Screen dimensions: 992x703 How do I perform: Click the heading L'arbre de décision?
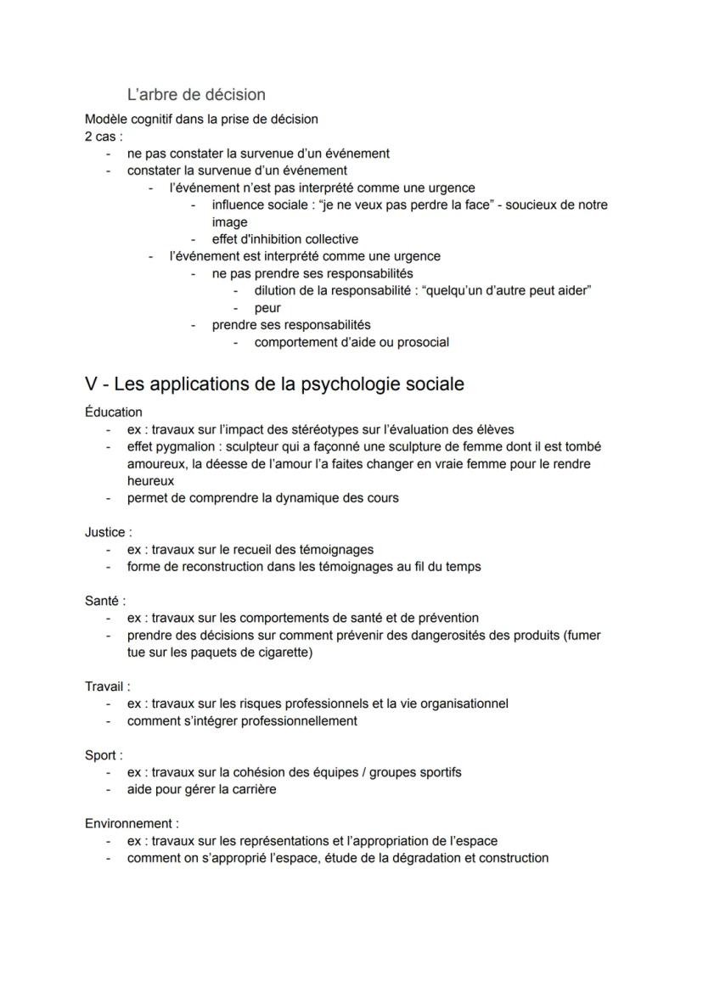point(196,94)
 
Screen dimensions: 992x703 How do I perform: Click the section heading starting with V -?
point(274,384)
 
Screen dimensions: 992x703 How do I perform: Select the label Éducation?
point(114,412)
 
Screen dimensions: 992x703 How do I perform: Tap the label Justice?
point(108,532)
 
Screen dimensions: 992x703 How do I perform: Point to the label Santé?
point(104,601)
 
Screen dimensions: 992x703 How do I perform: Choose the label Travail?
point(107,686)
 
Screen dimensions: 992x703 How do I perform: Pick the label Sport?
point(104,754)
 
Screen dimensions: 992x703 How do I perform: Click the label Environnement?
point(132,823)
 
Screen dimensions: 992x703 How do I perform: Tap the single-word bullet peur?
point(267,308)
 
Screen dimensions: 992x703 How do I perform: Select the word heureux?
point(150,480)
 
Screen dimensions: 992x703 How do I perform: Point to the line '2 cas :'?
point(104,136)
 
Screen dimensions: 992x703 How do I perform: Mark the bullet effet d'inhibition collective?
point(285,239)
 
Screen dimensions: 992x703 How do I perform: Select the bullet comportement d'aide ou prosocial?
point(351,343)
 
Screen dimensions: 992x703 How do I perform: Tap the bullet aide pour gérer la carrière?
point(201,789)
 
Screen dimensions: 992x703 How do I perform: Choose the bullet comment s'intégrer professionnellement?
point(242,720)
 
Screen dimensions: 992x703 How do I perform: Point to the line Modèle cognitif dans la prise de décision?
point(201,119)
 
